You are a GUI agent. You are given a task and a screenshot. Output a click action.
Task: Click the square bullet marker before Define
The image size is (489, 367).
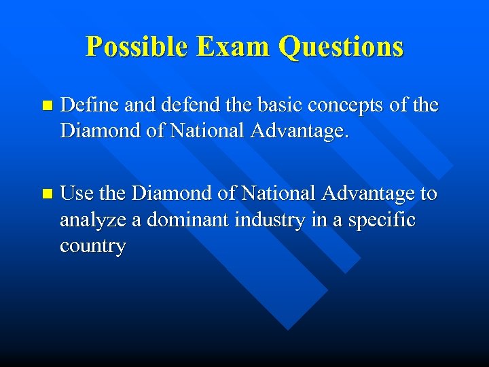pos(46,106)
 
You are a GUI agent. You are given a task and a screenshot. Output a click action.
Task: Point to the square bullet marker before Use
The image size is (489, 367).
pos(46,194)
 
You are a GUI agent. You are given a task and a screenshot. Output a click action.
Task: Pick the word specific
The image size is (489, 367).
pos(381,220)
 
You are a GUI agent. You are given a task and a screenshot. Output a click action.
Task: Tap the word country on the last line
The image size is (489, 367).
pos(92,246)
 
